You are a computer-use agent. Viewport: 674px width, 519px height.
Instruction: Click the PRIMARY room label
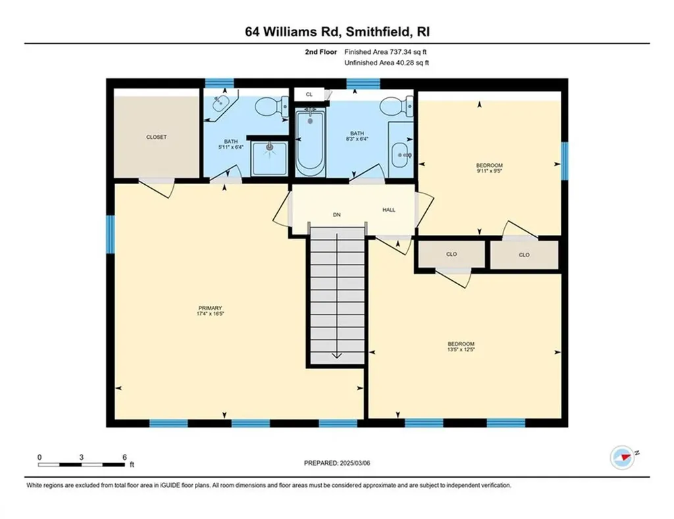click(210, 309)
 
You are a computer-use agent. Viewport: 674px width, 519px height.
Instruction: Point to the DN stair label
click(336, 214)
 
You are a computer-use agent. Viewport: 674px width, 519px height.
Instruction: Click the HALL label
click(389, 210)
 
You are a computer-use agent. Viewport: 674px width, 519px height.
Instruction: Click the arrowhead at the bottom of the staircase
click(336, 355)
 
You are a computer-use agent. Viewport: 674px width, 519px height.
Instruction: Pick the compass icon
click(622, 455)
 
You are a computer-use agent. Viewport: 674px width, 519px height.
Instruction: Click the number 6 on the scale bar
click(124, 457)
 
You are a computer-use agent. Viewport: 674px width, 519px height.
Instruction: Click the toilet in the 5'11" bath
click(271, 107)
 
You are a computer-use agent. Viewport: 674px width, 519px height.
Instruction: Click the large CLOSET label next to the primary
click(156, 137)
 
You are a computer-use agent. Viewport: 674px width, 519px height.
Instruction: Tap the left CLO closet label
click(452, 255)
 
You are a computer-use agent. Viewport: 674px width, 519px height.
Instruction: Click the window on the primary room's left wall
click(111, 234)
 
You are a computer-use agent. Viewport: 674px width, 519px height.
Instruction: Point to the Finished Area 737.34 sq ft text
click(388, 51)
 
